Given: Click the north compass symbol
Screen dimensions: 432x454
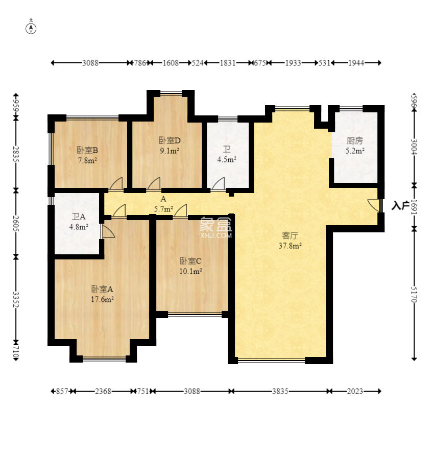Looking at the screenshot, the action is pyautogui.click(x=31, y=29).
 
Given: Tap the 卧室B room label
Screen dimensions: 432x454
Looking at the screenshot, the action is pyautogui.click(x=87, y=150).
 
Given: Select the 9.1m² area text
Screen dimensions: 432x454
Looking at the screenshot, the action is pyautogui.click(x=170, y=151).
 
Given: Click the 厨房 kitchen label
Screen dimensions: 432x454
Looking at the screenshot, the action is pyautogui.click(x=355, y=141).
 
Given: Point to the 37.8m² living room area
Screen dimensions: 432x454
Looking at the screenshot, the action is pyautogui.click(x=290, y=246).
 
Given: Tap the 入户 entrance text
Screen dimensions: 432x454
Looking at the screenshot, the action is pyautogui.click(x=400, y=205).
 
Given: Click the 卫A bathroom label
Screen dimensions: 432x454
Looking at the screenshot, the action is pyautogui.click(x=79, y=217).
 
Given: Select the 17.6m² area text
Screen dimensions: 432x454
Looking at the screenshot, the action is pyautogui.click(x=102, y=299).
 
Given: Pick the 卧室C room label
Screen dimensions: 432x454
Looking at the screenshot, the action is pyautogui.click(x=190, y=261).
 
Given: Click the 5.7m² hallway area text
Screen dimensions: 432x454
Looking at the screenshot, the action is pyautogui.click(x=163, y=209).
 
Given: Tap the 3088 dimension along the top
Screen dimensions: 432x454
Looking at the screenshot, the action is pyautogui.click(x=90, y=63).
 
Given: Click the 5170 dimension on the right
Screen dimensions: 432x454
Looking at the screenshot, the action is pyautogui.click(x=414, y=295).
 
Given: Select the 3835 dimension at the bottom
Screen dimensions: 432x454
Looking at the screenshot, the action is pyautogui.click(x=280, y=391).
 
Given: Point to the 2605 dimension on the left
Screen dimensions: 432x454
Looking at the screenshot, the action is pyautogui.click(x=16, y=223).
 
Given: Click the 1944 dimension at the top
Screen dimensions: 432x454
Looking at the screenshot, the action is pyautogui.click(x=356, y=63).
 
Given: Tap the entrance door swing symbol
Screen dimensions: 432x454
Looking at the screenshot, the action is pyautogui.click(x=374, y=205).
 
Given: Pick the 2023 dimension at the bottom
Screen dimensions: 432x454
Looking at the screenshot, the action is pyautogui.click(x=355, y=391).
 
